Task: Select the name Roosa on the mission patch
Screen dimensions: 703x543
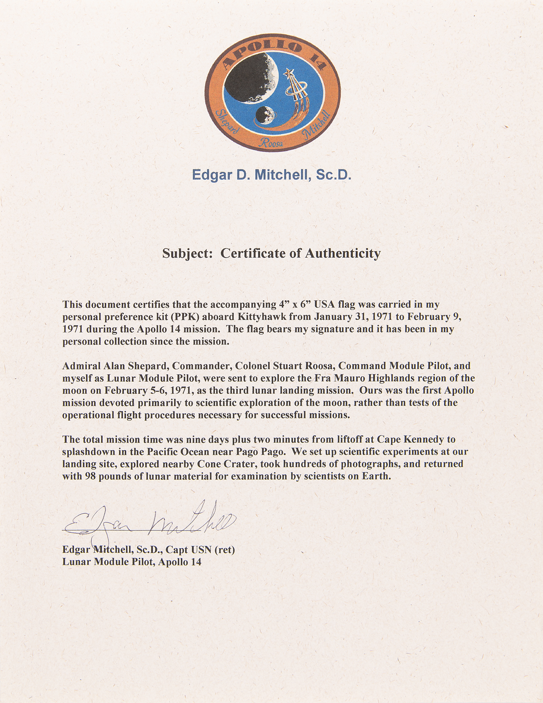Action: click(270, 142)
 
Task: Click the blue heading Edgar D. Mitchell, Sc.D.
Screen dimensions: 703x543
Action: click(271, 175)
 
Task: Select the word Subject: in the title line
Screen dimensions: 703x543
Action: click(188, 253)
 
